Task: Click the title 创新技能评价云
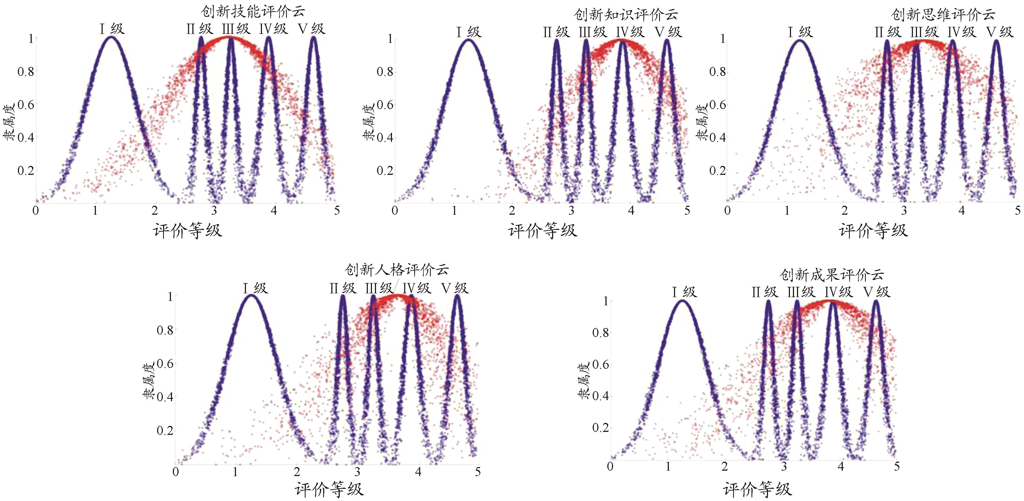click(x=253, y=12)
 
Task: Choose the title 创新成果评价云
click(x=832, y=275)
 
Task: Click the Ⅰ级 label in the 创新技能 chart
click(x=112, y=29)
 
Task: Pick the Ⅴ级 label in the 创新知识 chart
click(x=669, y=32)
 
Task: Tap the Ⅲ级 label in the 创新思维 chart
click(x=925, y=32)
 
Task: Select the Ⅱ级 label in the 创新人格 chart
click(x=343, y=288)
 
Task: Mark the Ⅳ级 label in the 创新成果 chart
click(x=838, y=292)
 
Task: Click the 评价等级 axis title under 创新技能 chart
click(x=187, y=231)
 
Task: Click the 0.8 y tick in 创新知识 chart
click(x=385, y=72)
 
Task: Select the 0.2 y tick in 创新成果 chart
click(x=600, y=428)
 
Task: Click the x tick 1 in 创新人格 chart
click(x=236, y=472)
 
